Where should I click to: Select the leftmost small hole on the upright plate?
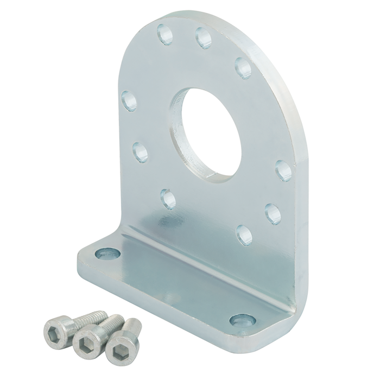coord(129,99)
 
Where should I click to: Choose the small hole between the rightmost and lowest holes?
coord(271,209)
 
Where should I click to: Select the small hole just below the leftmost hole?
coord(140,148)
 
